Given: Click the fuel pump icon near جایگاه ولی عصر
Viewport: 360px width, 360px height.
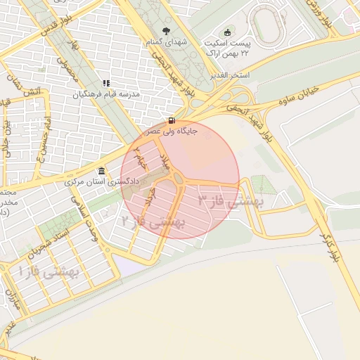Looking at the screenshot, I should click(x=173, y=120).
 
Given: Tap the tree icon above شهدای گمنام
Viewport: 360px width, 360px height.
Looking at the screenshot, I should click(x=166, y=30).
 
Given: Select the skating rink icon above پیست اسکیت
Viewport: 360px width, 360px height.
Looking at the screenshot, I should click(x=227, y=32).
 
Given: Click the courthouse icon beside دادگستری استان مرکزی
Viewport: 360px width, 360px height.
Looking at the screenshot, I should click(x=103, y=172).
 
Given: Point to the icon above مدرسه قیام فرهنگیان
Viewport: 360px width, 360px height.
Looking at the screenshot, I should click(x=107, y=83).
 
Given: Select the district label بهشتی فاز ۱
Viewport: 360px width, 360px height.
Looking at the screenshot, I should click(x=51, y=269).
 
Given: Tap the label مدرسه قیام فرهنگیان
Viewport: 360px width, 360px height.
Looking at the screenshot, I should click(x=108, y=94).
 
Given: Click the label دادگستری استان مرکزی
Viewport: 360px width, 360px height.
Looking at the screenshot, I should click(x=99, y=182).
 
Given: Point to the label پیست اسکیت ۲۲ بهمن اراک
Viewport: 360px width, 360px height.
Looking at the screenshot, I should click(x=226, y=48).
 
